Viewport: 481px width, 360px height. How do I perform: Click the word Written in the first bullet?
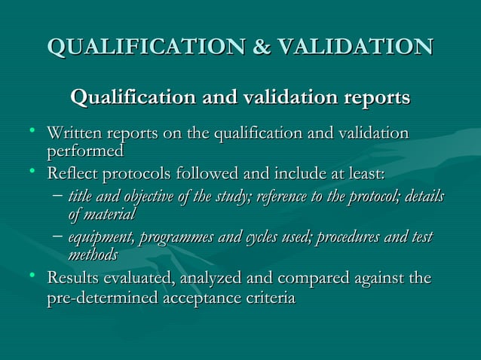pyautogui.click(x=75, y=134)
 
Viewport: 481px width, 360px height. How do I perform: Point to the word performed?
pyautogui.click(x=85, y=151)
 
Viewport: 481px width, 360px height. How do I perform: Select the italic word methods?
pyautogui.click(x=93, y=255)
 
